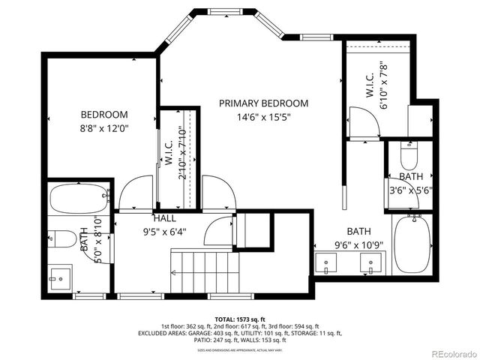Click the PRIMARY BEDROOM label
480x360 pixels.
click(x=263, y=103)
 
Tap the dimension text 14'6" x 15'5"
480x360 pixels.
click(x=263, y=117)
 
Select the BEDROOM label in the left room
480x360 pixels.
click(x=104, y=114)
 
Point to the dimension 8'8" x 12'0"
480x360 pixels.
click(x=104, y=128)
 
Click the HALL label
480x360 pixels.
click(x=165, y=217)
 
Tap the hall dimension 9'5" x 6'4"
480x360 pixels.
click(x=165, y=231)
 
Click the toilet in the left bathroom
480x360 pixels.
click(x=64, y=239)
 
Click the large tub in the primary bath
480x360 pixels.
click(x=411, y=244)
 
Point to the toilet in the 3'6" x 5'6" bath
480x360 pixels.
click(x=409, y=156)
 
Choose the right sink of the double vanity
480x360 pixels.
click(x=370, y=263)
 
